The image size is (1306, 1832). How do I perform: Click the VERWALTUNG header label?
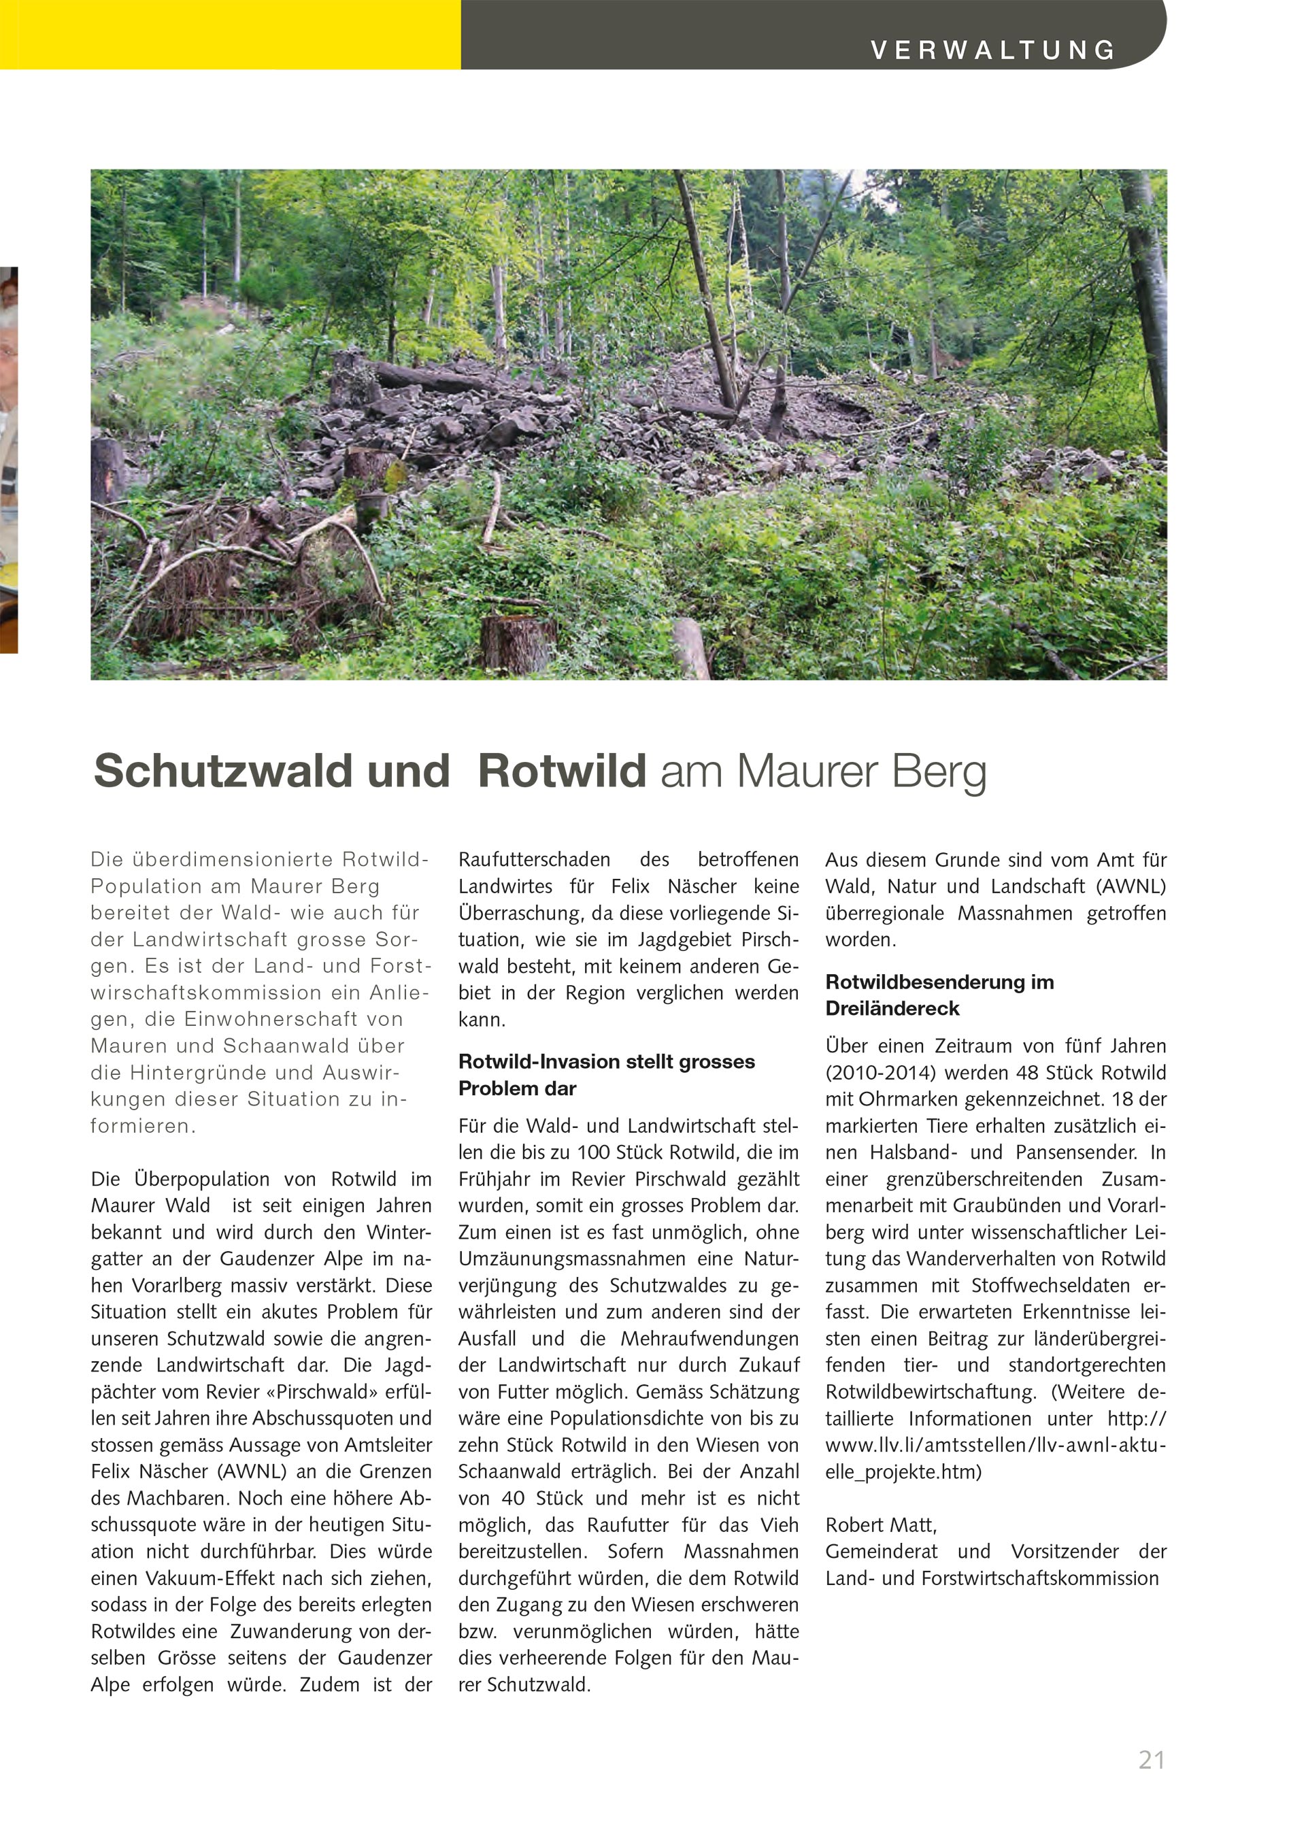tap(993, 50)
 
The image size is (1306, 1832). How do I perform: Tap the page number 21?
tap(1152, 1760)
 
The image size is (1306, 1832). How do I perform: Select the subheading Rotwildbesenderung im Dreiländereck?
tap(939, 995)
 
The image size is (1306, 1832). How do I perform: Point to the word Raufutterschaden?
tap(534, 860)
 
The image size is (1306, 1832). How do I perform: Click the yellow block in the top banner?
tap(230, 35)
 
